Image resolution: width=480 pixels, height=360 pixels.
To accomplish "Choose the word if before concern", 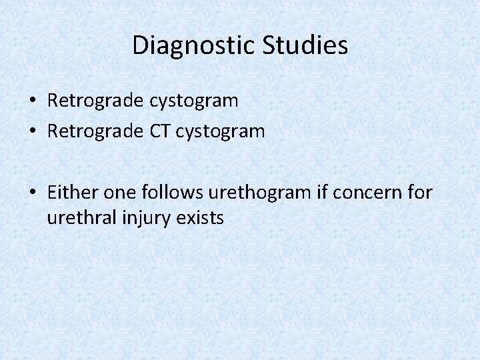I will pyautogui.click(x=322, y=193).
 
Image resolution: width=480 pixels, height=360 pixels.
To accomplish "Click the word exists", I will pyautogui.click(x=199, y=217).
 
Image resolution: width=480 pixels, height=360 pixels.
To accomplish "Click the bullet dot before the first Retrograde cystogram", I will pyautogui.click(x=32, y=101).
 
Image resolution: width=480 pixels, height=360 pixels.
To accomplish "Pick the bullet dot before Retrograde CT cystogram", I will pyautogui.click(x=32, y=132).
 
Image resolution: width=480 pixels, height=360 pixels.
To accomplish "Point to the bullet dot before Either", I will pyautogui.click(x=32, y=193).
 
